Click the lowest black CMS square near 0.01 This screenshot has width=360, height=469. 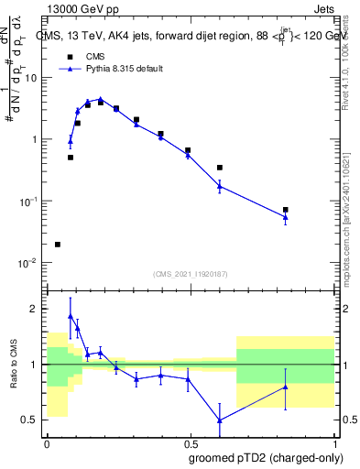[x=58, y=245]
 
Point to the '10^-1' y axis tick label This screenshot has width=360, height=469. [x=29, y=201]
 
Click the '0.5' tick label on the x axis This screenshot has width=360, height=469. [x=191, y=442]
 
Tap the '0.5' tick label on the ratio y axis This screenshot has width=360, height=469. [x=32, y=420]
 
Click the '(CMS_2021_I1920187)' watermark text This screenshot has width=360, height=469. [x=191, y=274]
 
